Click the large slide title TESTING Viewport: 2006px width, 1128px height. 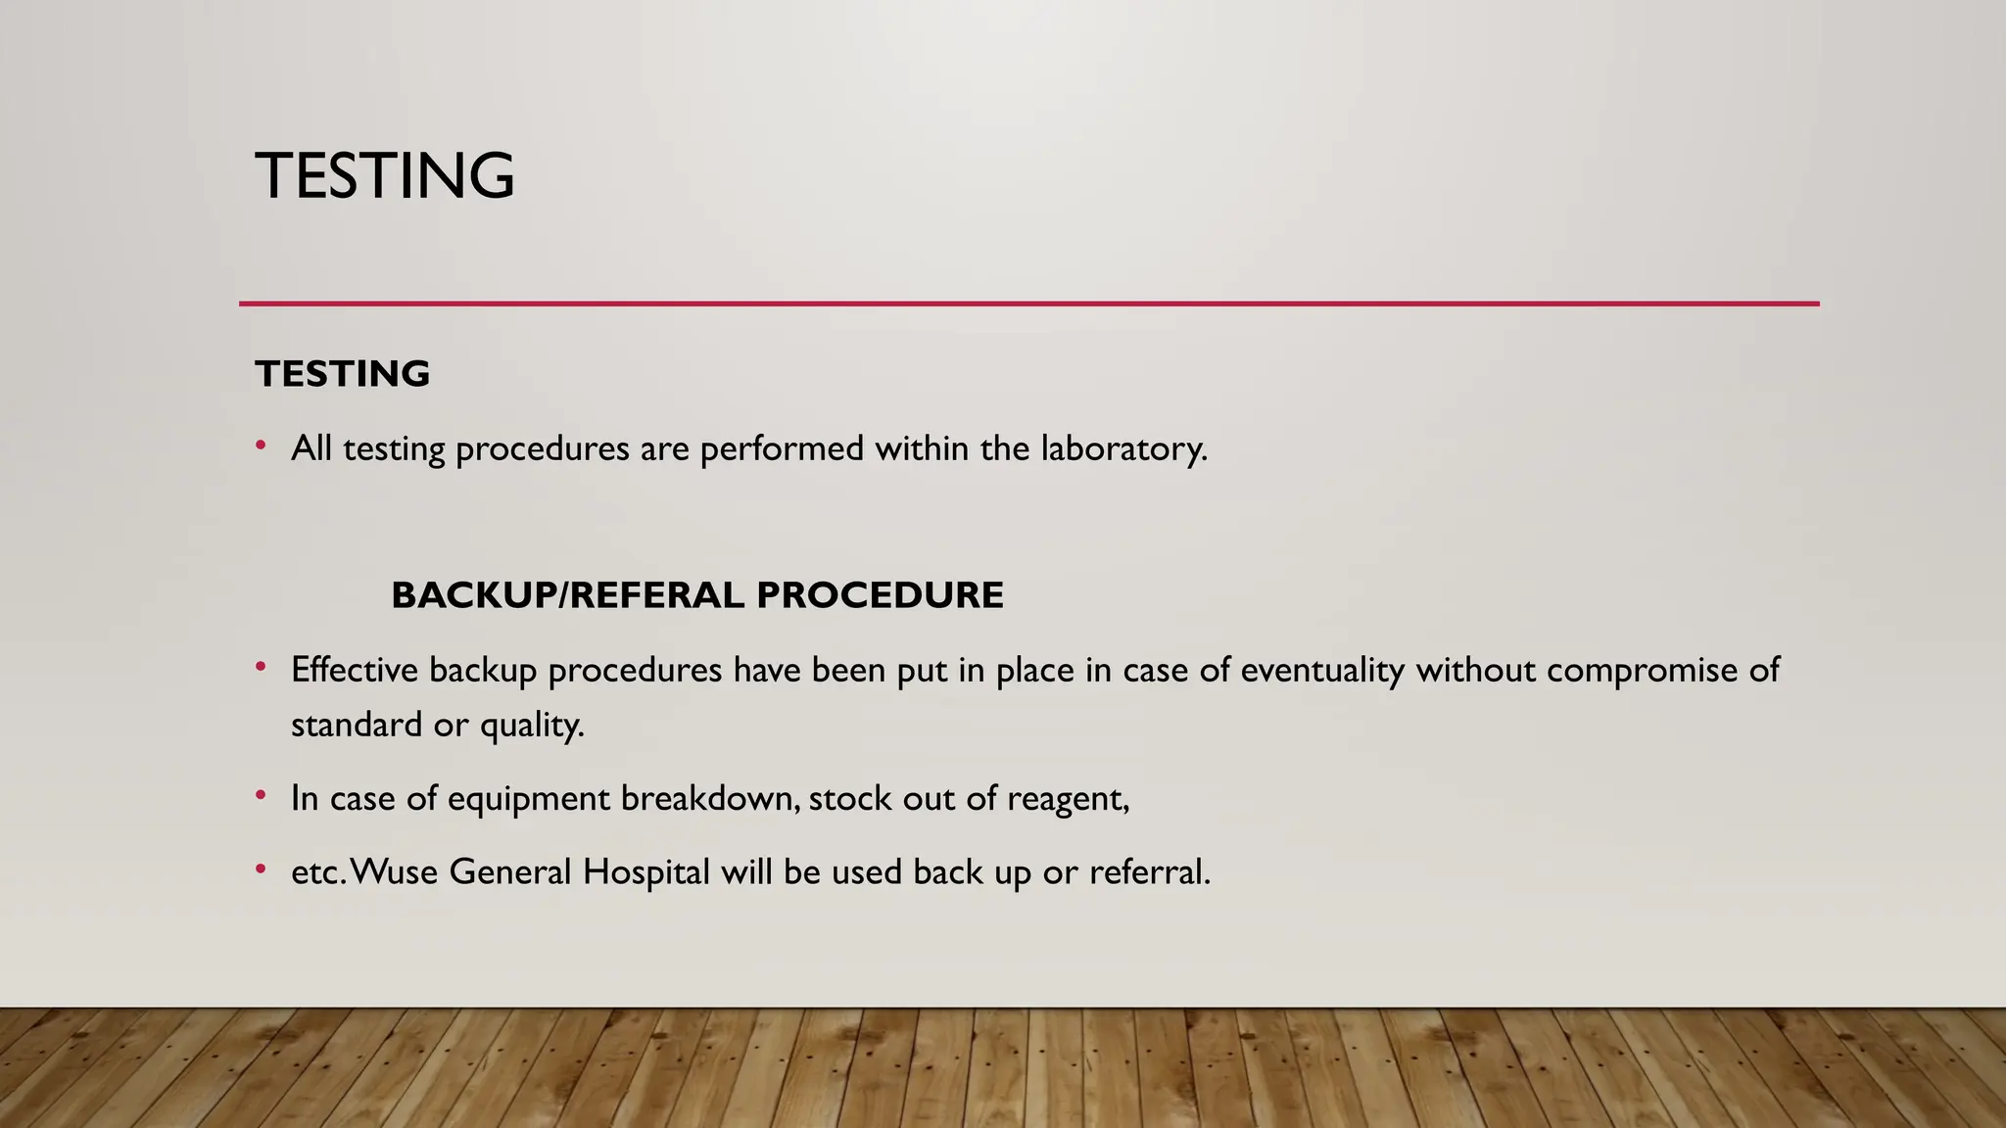pyautogui.click(x=385, y=176)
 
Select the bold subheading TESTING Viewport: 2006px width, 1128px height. pyautogui.click(x=342, y=374)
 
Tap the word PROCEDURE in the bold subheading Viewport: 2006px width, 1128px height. pyautogui.click(x=880, y=595)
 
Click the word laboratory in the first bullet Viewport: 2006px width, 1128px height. pyautogui.click(x=1123, y=448)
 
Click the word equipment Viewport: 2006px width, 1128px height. pyautogui.click(x=529, y=799)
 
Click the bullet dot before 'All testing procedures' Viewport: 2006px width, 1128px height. pyautogui.click(x=261, y=446)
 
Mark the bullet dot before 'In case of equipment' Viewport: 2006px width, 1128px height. pyautogui.click(x=261, y=796)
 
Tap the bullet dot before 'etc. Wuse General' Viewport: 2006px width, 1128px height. pyautogui.click(x=261, y=869)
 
